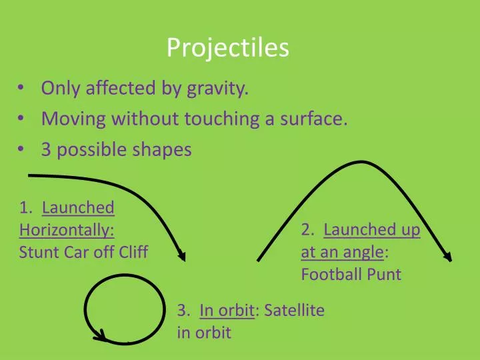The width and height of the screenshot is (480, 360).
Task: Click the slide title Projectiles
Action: pyautogui.click(x=227, y=47)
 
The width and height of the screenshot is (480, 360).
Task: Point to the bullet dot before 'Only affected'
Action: pyautogui.click(x=24, y=89)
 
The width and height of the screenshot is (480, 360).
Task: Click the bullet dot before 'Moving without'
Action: pyautogui.click(x=24, y=119)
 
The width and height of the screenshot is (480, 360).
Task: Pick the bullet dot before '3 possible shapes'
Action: pyautogui.click(x=24, y=150)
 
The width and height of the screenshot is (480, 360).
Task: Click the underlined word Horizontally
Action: pyautogui.click(x=67, y=231)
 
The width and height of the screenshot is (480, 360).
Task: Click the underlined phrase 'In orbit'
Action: pyautogui.click(x=227, y=310)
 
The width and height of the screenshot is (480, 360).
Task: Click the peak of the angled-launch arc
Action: pyautogui.click(x=361, y=162)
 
